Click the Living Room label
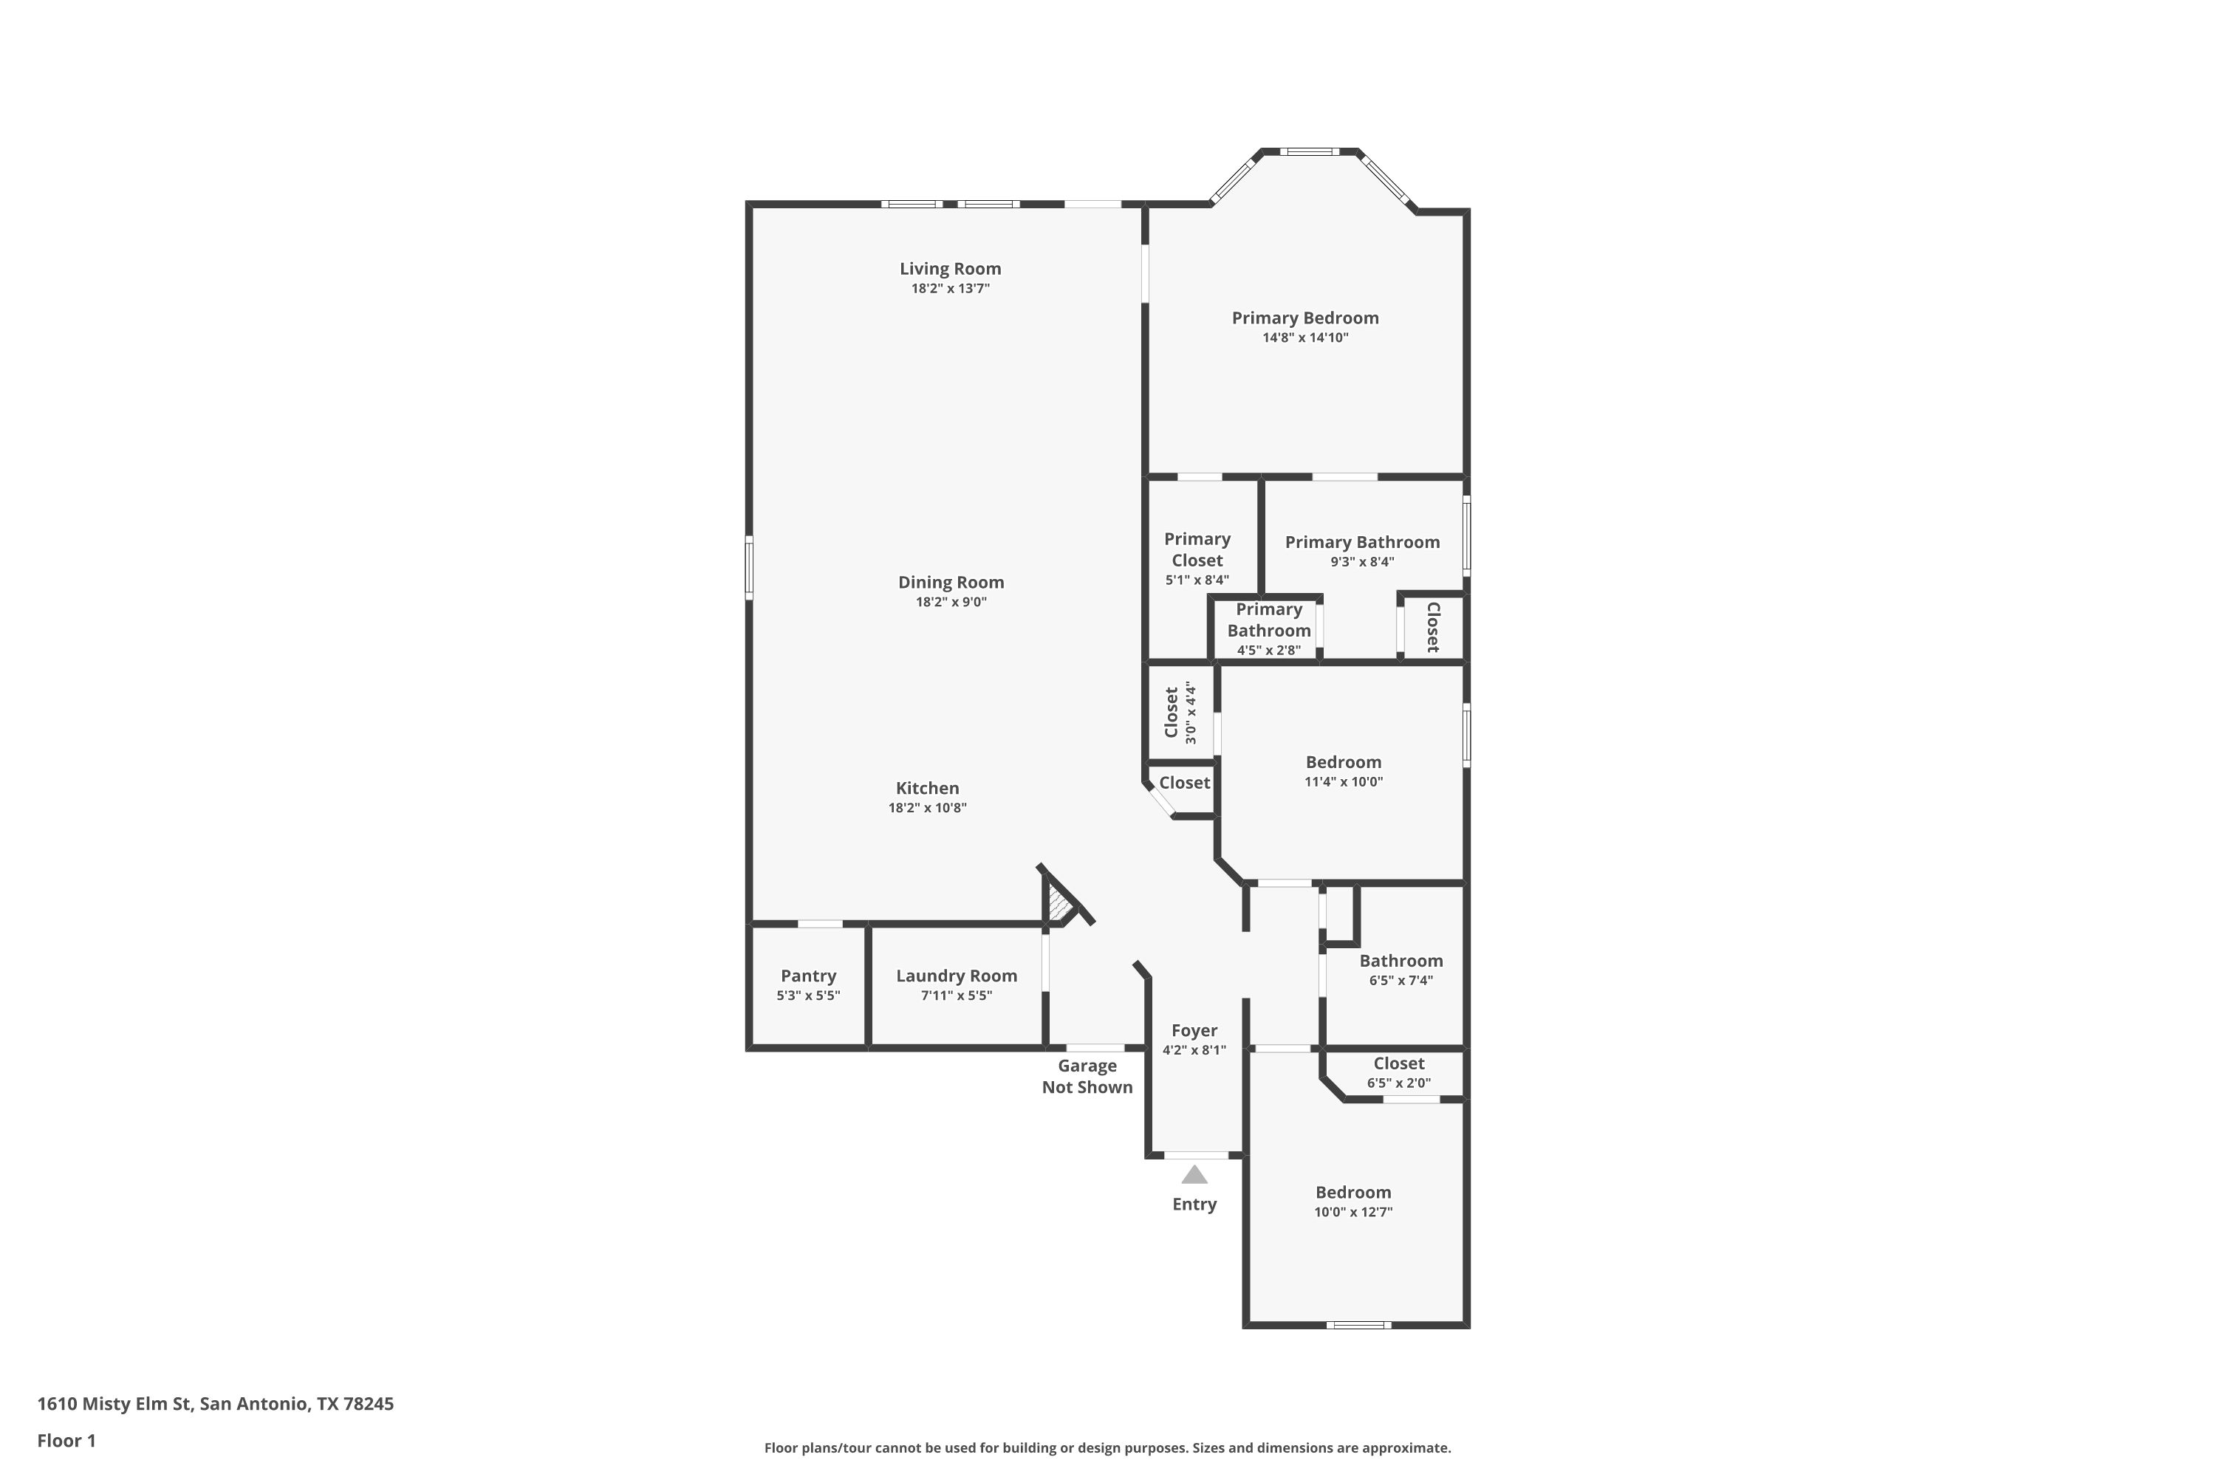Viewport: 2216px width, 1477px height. click(950, 269)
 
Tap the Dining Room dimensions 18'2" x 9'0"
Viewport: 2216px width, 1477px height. click(951, 602)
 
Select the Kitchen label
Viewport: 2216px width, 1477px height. click(927, 789)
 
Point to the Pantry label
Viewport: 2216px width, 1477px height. click(808, 976)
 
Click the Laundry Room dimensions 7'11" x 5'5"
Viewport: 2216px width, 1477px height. click(957, 995)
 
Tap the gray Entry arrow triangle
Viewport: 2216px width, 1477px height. click(1194, 1175)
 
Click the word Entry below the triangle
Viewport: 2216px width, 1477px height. click(1194, 1204)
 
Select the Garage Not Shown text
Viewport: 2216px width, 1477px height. click(1087, 1077)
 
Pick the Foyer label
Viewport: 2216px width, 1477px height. click(1194, 1030)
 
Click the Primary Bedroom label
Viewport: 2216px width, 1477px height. click(1305, 318)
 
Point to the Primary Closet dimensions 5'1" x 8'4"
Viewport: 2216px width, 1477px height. click(1197, 580)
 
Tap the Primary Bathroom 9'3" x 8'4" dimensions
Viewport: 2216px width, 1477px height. click(1362, 562)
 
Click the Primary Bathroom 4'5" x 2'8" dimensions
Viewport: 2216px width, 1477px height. click(1269, 650)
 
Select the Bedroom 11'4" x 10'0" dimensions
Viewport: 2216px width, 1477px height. click(1344, 782)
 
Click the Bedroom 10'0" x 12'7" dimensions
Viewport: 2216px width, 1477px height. click(1354, 1213)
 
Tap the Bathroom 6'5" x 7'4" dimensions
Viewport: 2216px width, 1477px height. click(1401, 981)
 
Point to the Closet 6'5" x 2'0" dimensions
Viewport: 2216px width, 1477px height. click(1399, 1083)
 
